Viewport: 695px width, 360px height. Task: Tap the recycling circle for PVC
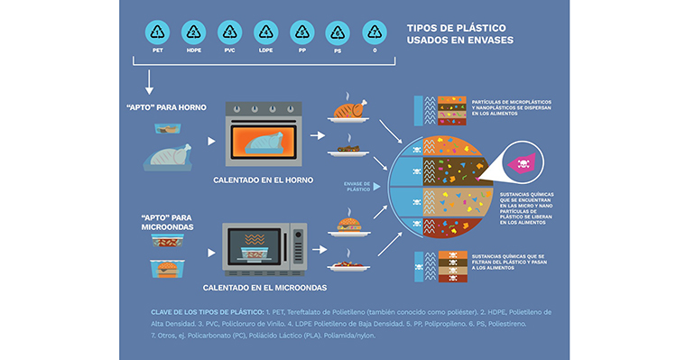tap(229, 34)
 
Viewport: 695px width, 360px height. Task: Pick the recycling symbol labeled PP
tap(302, 34)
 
